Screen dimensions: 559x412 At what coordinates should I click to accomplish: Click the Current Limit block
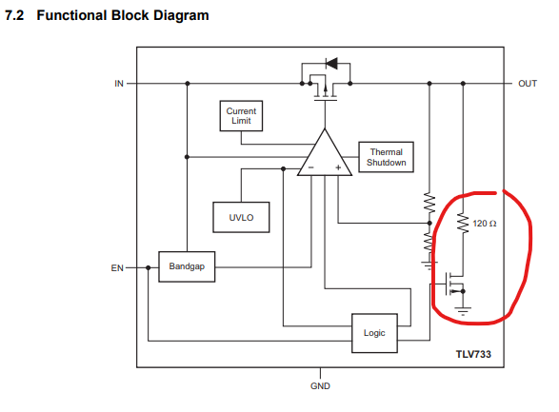[x=241, y=116]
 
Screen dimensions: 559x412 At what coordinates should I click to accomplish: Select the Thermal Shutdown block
[x=386, y=157]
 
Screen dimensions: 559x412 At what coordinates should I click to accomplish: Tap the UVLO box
[x=241, y=217]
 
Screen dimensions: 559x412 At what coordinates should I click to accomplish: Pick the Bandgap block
[x=187, y=266]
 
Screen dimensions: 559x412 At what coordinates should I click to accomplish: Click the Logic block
[x=374, y=333]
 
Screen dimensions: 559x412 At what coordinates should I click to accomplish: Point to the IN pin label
[x=119, y=84]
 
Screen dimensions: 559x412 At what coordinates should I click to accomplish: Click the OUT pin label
[x=528, y=84]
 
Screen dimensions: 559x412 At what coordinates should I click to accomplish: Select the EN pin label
[x=117, y=267]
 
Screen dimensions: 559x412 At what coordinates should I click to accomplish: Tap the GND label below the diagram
[x=320, y=386]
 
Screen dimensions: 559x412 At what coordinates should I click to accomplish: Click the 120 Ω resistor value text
[x=485, y=224]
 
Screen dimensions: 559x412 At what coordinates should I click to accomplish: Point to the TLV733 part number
[x=473, y=354]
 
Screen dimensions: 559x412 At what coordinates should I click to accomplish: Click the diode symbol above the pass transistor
[x=331, y=64]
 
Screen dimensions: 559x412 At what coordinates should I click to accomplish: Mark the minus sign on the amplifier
[x=310, y=167]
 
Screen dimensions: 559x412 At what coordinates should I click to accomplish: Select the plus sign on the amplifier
[x=338, y=167]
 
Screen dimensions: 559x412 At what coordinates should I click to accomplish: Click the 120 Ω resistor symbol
[x=463, y=224]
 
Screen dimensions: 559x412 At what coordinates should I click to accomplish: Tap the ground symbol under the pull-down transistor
[x=463, y=311]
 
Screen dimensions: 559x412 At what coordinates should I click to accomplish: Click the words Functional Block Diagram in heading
[x=123, y=15]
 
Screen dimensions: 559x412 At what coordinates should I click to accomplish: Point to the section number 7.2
[x=14, y=15]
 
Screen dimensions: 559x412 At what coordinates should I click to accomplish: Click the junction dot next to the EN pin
[x=148, y=267]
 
